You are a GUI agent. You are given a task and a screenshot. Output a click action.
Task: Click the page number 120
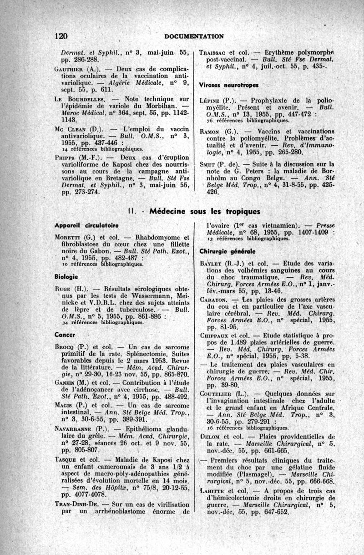[61, 36]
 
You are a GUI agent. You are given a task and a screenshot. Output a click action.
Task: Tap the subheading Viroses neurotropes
[228, 85]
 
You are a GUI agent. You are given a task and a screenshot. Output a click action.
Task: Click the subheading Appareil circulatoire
[81, 225]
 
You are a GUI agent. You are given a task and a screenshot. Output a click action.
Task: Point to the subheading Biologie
[66, 276]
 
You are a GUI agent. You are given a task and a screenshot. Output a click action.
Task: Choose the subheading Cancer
[65, 335]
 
